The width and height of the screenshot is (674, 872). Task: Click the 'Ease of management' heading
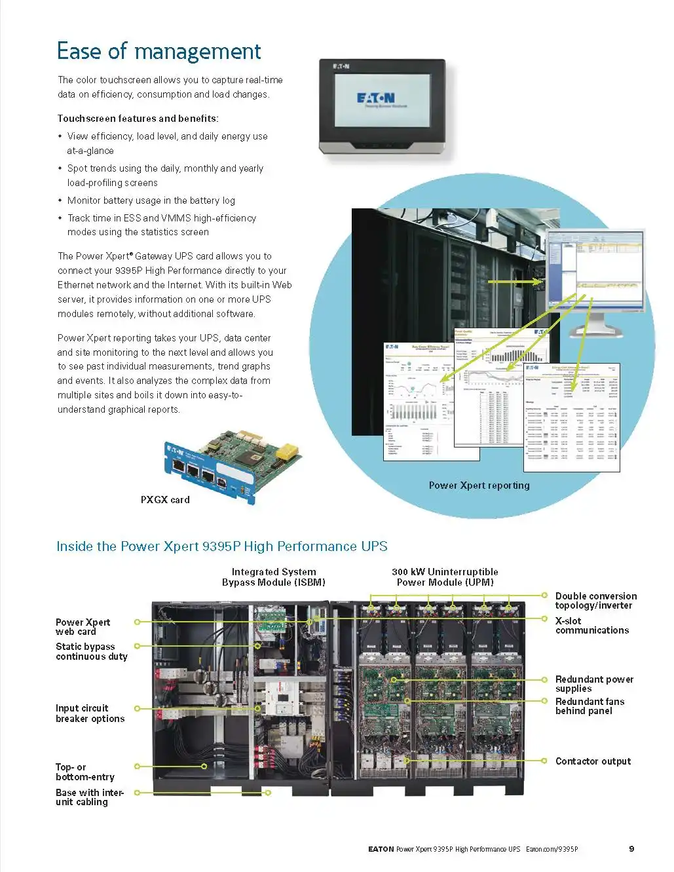point(159,51)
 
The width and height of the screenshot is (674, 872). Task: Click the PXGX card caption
point(165,499)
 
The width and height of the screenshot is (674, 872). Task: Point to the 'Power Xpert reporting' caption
point(479,485)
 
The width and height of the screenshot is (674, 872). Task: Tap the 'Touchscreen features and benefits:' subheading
point(138,119)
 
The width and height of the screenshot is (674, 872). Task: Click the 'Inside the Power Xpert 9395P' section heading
point(221,546)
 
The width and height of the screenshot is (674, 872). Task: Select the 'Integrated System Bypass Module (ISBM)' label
point(273,577)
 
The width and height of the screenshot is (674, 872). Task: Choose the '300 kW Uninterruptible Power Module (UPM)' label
point(445,577)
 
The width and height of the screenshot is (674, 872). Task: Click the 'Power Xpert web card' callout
point(83,627)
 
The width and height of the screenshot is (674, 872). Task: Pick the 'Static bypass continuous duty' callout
point(91,651)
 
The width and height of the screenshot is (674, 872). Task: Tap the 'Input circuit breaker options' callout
point(90,713)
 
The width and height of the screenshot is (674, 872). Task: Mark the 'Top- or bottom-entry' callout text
point(84,772)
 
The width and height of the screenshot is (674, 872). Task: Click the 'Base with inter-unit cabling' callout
point(89,797)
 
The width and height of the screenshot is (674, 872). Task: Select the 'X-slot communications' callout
point(591,626)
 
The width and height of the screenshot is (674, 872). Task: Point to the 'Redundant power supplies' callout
point(594,684)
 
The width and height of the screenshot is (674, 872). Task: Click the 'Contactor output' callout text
point(593,761)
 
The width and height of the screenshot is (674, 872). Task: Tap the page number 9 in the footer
point(631,849)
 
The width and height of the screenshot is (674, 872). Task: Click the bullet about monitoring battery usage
point(151,200)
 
